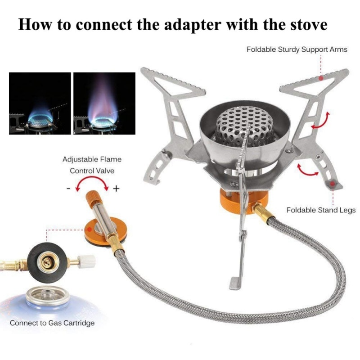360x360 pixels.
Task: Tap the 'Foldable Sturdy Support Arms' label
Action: point(297,49)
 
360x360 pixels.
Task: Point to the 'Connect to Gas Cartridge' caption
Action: point(52,323)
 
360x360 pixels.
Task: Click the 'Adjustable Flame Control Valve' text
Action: point(92,165)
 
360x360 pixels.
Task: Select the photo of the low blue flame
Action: point(40,103)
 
